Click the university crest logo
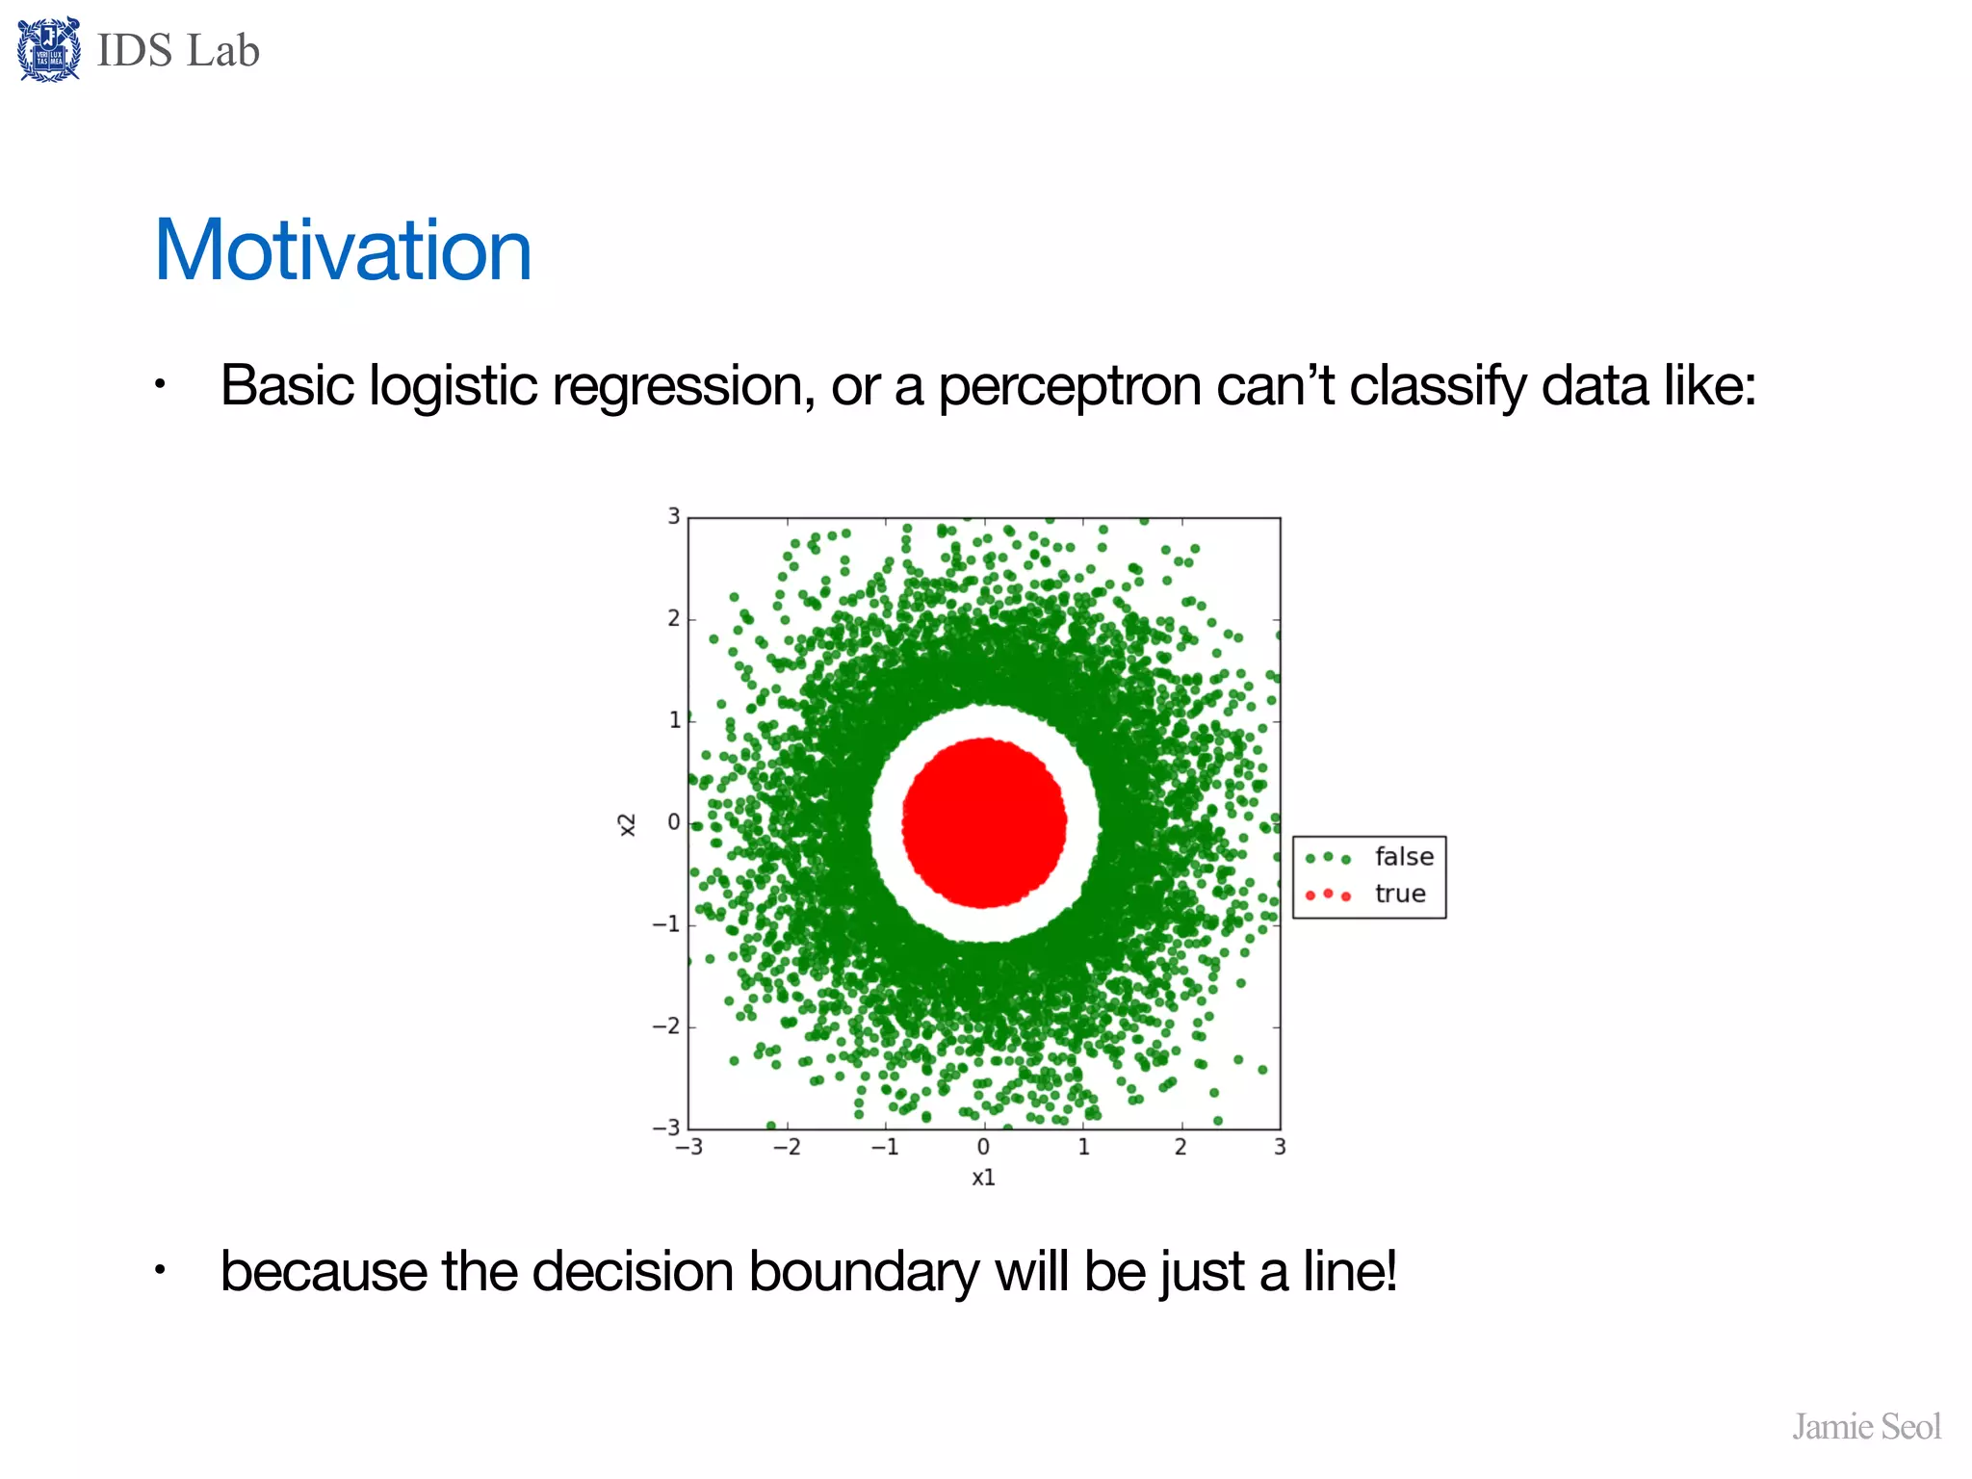pos(48,50)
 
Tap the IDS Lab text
pos(178,50)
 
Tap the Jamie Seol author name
pos(1866,1426)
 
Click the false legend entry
pos(1403,857)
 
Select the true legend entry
pos(1399,895)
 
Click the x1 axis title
pos(983,1178)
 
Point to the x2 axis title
pos(627,824)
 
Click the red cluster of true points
pos(983,823)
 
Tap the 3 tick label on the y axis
pos(674,516)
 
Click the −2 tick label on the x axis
pos(787,1147)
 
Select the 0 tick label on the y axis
pos(674,822)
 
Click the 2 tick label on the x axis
pos(1181,1147)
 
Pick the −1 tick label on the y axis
pos(666,924)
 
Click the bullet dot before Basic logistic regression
pos(161,386)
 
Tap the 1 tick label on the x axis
pos(1083,1147)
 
